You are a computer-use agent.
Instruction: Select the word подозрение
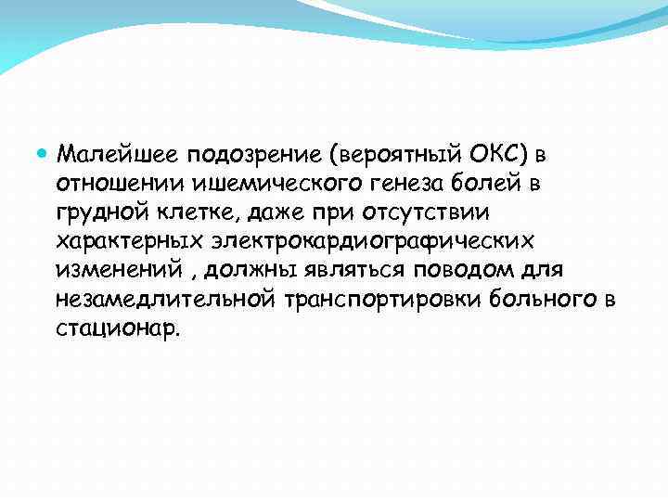point(245,152)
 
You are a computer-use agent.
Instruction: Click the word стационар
point(115,330)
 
